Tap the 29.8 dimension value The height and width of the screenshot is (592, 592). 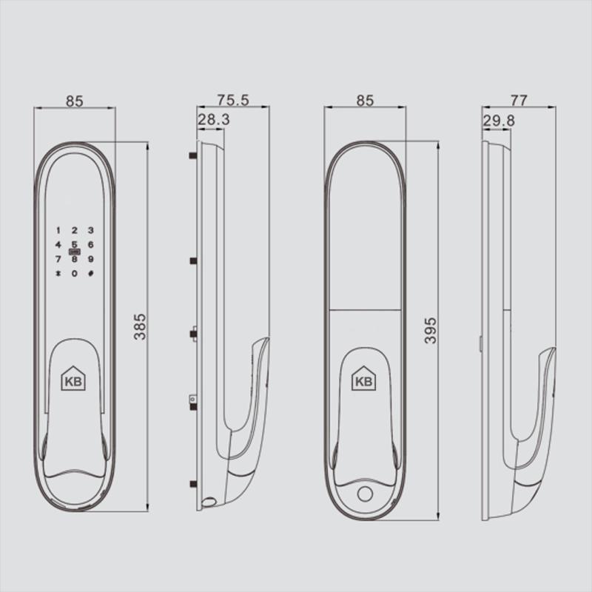coord(499,120)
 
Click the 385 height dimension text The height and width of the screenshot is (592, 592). coord(141,326)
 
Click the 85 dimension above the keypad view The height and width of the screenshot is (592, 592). coord(75,101)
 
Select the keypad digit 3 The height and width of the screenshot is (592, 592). coord(90,231)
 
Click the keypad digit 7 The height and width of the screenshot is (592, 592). coord(58,259)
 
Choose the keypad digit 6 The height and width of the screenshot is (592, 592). coord(90,244)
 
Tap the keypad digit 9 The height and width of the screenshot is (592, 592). coord(90,259)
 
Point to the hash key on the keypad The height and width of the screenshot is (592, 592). coord(90,275)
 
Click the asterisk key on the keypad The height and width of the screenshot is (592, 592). coord(58,275)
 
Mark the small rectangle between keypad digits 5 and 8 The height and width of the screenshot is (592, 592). coord(74,252)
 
